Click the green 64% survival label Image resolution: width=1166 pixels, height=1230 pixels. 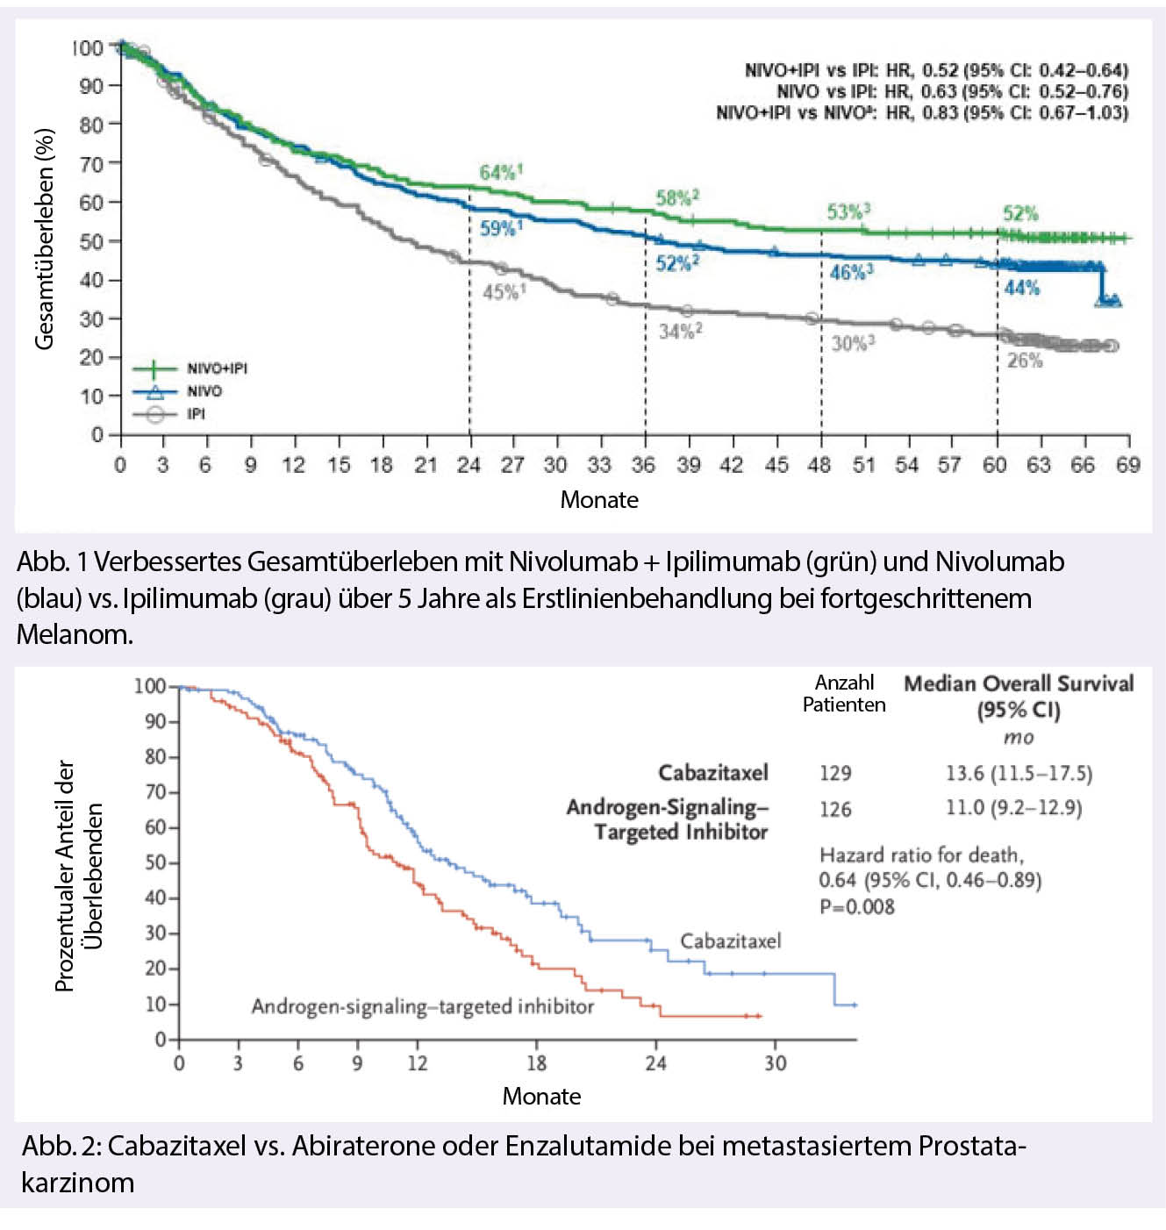click(x=499, y=172)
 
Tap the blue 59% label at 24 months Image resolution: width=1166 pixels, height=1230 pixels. click(x=500, y=228)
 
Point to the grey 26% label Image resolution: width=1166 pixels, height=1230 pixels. click(x=1024, y=361)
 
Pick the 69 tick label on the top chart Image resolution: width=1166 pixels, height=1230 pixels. click(x=1127, y=465)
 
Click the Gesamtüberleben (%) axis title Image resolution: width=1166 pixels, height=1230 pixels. click(x=44, y=239)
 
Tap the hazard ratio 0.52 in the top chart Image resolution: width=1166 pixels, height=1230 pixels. click(x=940, y=70)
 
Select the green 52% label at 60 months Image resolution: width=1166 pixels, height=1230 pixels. click(x=1020, y=213)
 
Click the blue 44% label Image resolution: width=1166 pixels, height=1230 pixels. click(x=1021, y=288)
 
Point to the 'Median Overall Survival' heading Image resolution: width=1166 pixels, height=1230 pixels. click(x=1018, y=684)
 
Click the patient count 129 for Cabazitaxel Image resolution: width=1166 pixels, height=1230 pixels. click(x=835, y=773)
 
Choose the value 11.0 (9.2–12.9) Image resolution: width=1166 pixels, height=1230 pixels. click(x=1013, y=807)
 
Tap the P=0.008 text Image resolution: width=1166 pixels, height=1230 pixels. click(x=856, y=907)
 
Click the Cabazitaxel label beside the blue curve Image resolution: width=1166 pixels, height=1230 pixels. click(x=730, y=941)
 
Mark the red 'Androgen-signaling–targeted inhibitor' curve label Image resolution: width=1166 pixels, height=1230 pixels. click(x=422, y=1006)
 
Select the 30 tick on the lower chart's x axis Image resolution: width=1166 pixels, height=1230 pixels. click(x=775, y=1063)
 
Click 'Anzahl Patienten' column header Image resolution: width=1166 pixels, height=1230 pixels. click(x=844, y=693)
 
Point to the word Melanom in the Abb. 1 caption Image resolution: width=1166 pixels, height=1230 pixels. click(x=74, y=634)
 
